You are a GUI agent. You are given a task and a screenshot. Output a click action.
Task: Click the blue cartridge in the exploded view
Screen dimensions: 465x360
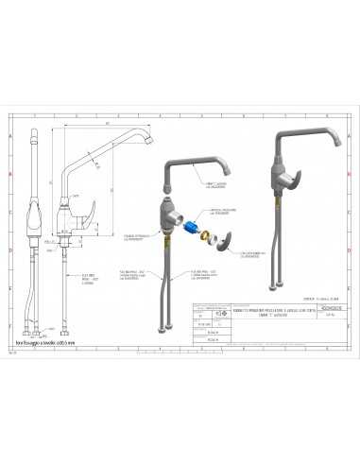click(x=191, y=227)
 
